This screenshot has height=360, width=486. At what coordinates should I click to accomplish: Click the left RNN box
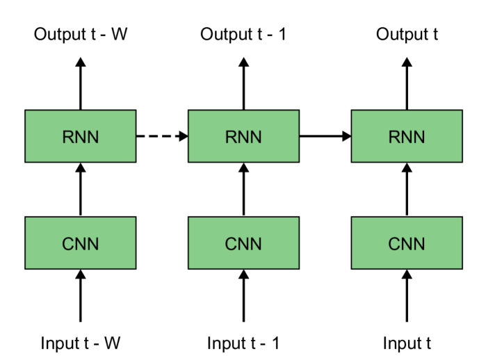pos(80,136)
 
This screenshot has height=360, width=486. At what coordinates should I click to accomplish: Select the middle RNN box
pos(243,136)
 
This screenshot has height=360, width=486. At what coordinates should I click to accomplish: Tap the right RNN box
pos(407,136)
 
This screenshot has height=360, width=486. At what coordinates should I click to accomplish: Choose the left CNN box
pos(80,243)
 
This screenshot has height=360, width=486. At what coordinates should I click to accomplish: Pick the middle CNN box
pos(243,243)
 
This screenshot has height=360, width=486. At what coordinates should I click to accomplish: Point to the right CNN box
pos(407,243)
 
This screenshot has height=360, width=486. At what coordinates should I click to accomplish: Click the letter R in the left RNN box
pos(68,137)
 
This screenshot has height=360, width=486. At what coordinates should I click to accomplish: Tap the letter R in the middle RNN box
pos(231,137)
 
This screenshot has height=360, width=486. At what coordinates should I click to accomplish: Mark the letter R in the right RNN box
pos(394,137)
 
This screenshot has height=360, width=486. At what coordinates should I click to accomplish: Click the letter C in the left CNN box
pos(68,244)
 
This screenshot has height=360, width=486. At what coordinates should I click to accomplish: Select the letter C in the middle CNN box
pos(231,244)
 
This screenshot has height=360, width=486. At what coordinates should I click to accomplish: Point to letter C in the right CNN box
pos(394,244)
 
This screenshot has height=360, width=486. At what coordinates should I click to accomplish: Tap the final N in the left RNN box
pos(92,137)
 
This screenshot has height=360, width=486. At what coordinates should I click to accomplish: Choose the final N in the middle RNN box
pos(256,137)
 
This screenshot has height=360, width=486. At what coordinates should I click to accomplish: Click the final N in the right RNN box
pos(419,137)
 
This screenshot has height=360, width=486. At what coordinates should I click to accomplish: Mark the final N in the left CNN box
pos(92,244)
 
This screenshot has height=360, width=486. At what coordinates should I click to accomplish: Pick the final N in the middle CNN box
pos(256,244)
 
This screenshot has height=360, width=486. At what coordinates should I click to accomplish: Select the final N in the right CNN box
pos(419,244)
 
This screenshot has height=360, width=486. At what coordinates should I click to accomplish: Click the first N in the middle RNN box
pos(243,137)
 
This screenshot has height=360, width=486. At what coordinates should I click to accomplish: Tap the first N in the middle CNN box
pos(243,244)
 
